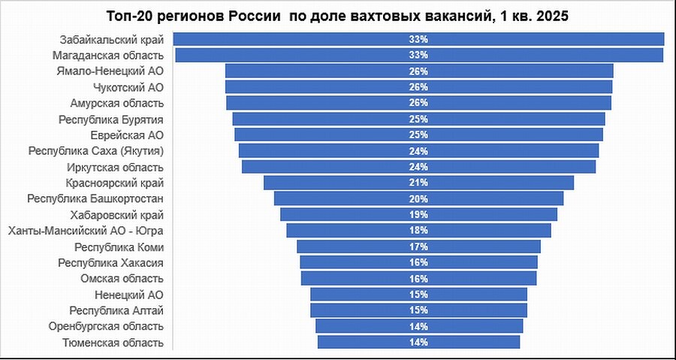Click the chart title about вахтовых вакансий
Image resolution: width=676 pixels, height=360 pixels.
point(337,16)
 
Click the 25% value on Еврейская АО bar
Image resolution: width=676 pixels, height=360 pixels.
point(418,135)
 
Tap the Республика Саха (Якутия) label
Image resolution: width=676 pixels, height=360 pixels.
point(96,151)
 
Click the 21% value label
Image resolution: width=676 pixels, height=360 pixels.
point(418,183)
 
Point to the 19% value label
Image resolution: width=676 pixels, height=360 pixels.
point(418,214)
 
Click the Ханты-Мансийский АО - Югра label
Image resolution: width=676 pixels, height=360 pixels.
point(86,231)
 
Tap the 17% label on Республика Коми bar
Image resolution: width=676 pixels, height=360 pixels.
point(418,247)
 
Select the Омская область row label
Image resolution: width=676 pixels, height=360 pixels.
point(122,279)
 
